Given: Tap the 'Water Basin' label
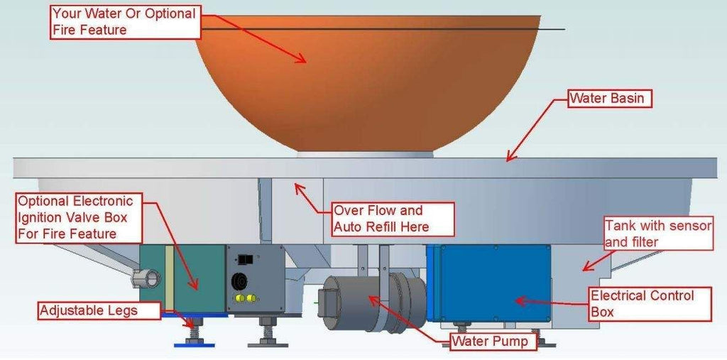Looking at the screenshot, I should point(608,98).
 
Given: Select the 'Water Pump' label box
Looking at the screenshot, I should point(491,342).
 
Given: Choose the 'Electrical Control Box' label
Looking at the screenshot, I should point(649,303).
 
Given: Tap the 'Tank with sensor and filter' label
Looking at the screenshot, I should point(657,233).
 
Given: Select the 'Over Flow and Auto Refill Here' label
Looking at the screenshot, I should point(392,219).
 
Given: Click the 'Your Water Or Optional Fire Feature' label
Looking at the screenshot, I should point(124,21).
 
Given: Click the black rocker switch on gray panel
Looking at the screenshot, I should point(246,259).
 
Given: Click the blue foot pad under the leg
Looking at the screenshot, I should point(194,345).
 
